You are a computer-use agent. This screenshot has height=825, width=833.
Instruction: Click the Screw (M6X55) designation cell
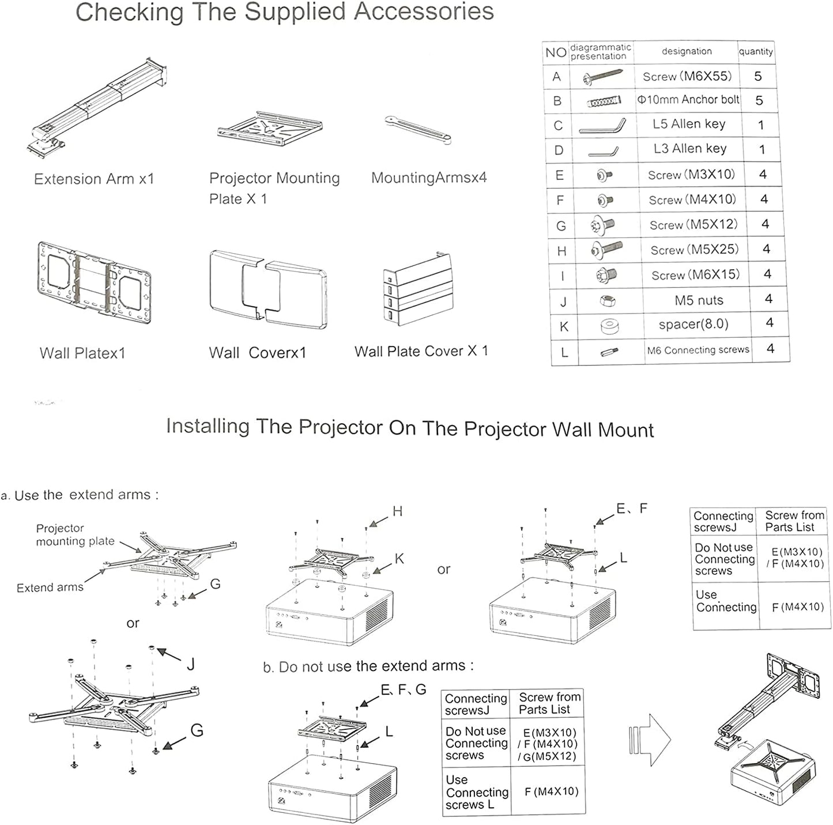(687, 76)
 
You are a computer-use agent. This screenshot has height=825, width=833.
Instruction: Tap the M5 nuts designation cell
(699, 300)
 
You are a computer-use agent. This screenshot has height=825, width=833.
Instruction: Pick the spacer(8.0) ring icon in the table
(609, 326)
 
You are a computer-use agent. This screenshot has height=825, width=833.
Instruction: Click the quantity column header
(756, 51)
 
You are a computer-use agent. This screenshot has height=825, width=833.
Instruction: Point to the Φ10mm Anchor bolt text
(688, 100)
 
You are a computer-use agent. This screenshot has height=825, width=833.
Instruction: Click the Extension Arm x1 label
(94, 179)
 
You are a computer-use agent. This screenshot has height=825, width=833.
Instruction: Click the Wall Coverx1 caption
(257, 352)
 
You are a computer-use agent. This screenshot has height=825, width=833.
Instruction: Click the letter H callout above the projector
(397, 511)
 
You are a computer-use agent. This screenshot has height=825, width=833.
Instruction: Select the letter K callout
(399, 559)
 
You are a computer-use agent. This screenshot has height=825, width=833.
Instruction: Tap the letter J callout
(191, 664)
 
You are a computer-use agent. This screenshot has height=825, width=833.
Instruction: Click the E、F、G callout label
(403, 690)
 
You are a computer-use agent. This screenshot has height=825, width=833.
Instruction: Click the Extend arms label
(50, 587)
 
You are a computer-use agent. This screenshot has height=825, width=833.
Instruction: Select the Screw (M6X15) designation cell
(695, 275)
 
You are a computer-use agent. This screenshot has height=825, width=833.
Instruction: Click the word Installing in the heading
(208, 426)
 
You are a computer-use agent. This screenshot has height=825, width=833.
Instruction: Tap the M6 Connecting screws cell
(698, 350)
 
